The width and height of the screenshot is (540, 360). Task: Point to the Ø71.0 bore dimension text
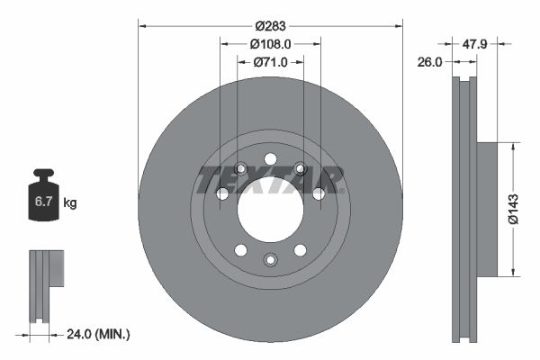270,62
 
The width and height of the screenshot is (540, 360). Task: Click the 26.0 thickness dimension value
430,62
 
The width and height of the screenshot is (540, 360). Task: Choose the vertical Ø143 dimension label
512,208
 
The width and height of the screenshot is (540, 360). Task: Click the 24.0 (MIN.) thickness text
100,334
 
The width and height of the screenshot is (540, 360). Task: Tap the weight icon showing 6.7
43,199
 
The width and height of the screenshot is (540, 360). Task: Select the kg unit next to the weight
70,204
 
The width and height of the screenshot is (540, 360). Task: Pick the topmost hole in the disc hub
270,159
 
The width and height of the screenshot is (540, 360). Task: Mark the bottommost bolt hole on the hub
270,260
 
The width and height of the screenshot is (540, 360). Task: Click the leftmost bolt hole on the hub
222,193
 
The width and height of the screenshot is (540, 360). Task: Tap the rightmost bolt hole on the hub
318,193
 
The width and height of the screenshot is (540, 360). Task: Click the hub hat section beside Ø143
486,208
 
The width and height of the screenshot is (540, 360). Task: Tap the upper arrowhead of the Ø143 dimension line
512,145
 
